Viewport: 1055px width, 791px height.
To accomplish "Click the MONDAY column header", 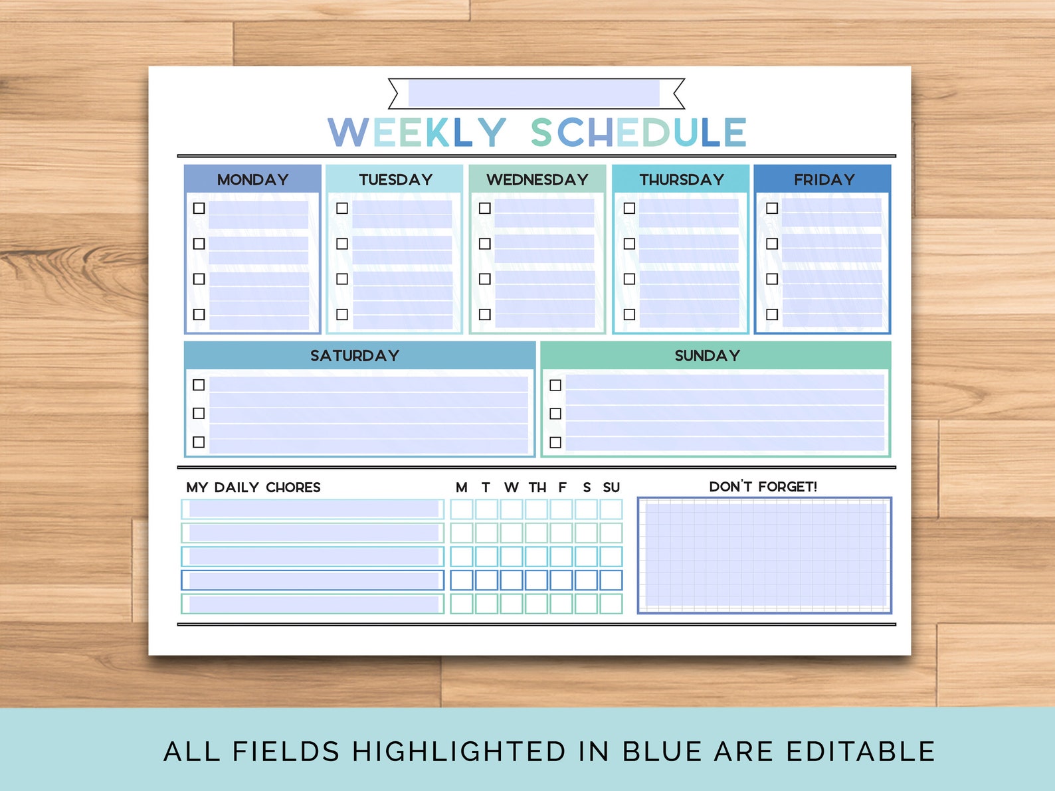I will pyautogui.click(x=252, y=179).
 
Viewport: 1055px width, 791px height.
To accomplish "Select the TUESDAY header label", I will pyautogui.click(x=395, y=179).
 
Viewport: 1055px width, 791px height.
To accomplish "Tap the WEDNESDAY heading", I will pyautogui.click(x=537, y=179).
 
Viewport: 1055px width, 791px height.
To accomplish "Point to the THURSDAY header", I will pyautogui.click(x=682, y=179).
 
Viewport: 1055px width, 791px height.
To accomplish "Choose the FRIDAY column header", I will pyautogui.click(x=824, y=179).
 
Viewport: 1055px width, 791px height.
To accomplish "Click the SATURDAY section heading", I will pyautogui.click(x=355, y=355).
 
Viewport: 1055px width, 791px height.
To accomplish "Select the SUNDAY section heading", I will pyautogui.click(x=707, y=355).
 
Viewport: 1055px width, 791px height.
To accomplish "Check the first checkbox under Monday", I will pyautogui.click(x=199, y=208).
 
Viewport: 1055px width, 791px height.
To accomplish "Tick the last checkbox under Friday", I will pyautogui.click(x=772, y=314).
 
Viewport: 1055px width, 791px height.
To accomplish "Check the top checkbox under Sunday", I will pyautogui.click(x=555, y=385).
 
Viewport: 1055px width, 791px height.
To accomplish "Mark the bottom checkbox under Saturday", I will pyautogui.click(x=199, y=442).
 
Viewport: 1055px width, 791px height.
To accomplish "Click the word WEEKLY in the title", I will pyautogui.click(x=417, y=132).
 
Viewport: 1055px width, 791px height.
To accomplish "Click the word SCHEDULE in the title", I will pyautogui.click(x=638, y=132).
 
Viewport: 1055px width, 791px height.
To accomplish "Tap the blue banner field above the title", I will pyautogui.click(x=534, y=94).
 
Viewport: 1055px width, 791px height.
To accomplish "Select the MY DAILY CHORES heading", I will pyautogui.click(x=253, y=487).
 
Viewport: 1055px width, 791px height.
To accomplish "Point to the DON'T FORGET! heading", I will pyautogui.click(x=763, y=487).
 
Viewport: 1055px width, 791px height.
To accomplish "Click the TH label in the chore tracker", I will pyautogui.click(x=537, y=487).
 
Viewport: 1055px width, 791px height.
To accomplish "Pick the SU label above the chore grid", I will pyautogui.click(x=611, y=487).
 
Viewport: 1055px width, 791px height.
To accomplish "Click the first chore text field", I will pyautogui.click(x=314, y=509).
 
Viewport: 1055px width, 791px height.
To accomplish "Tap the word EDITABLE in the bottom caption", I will pyautogui.click(x=860, y=751).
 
